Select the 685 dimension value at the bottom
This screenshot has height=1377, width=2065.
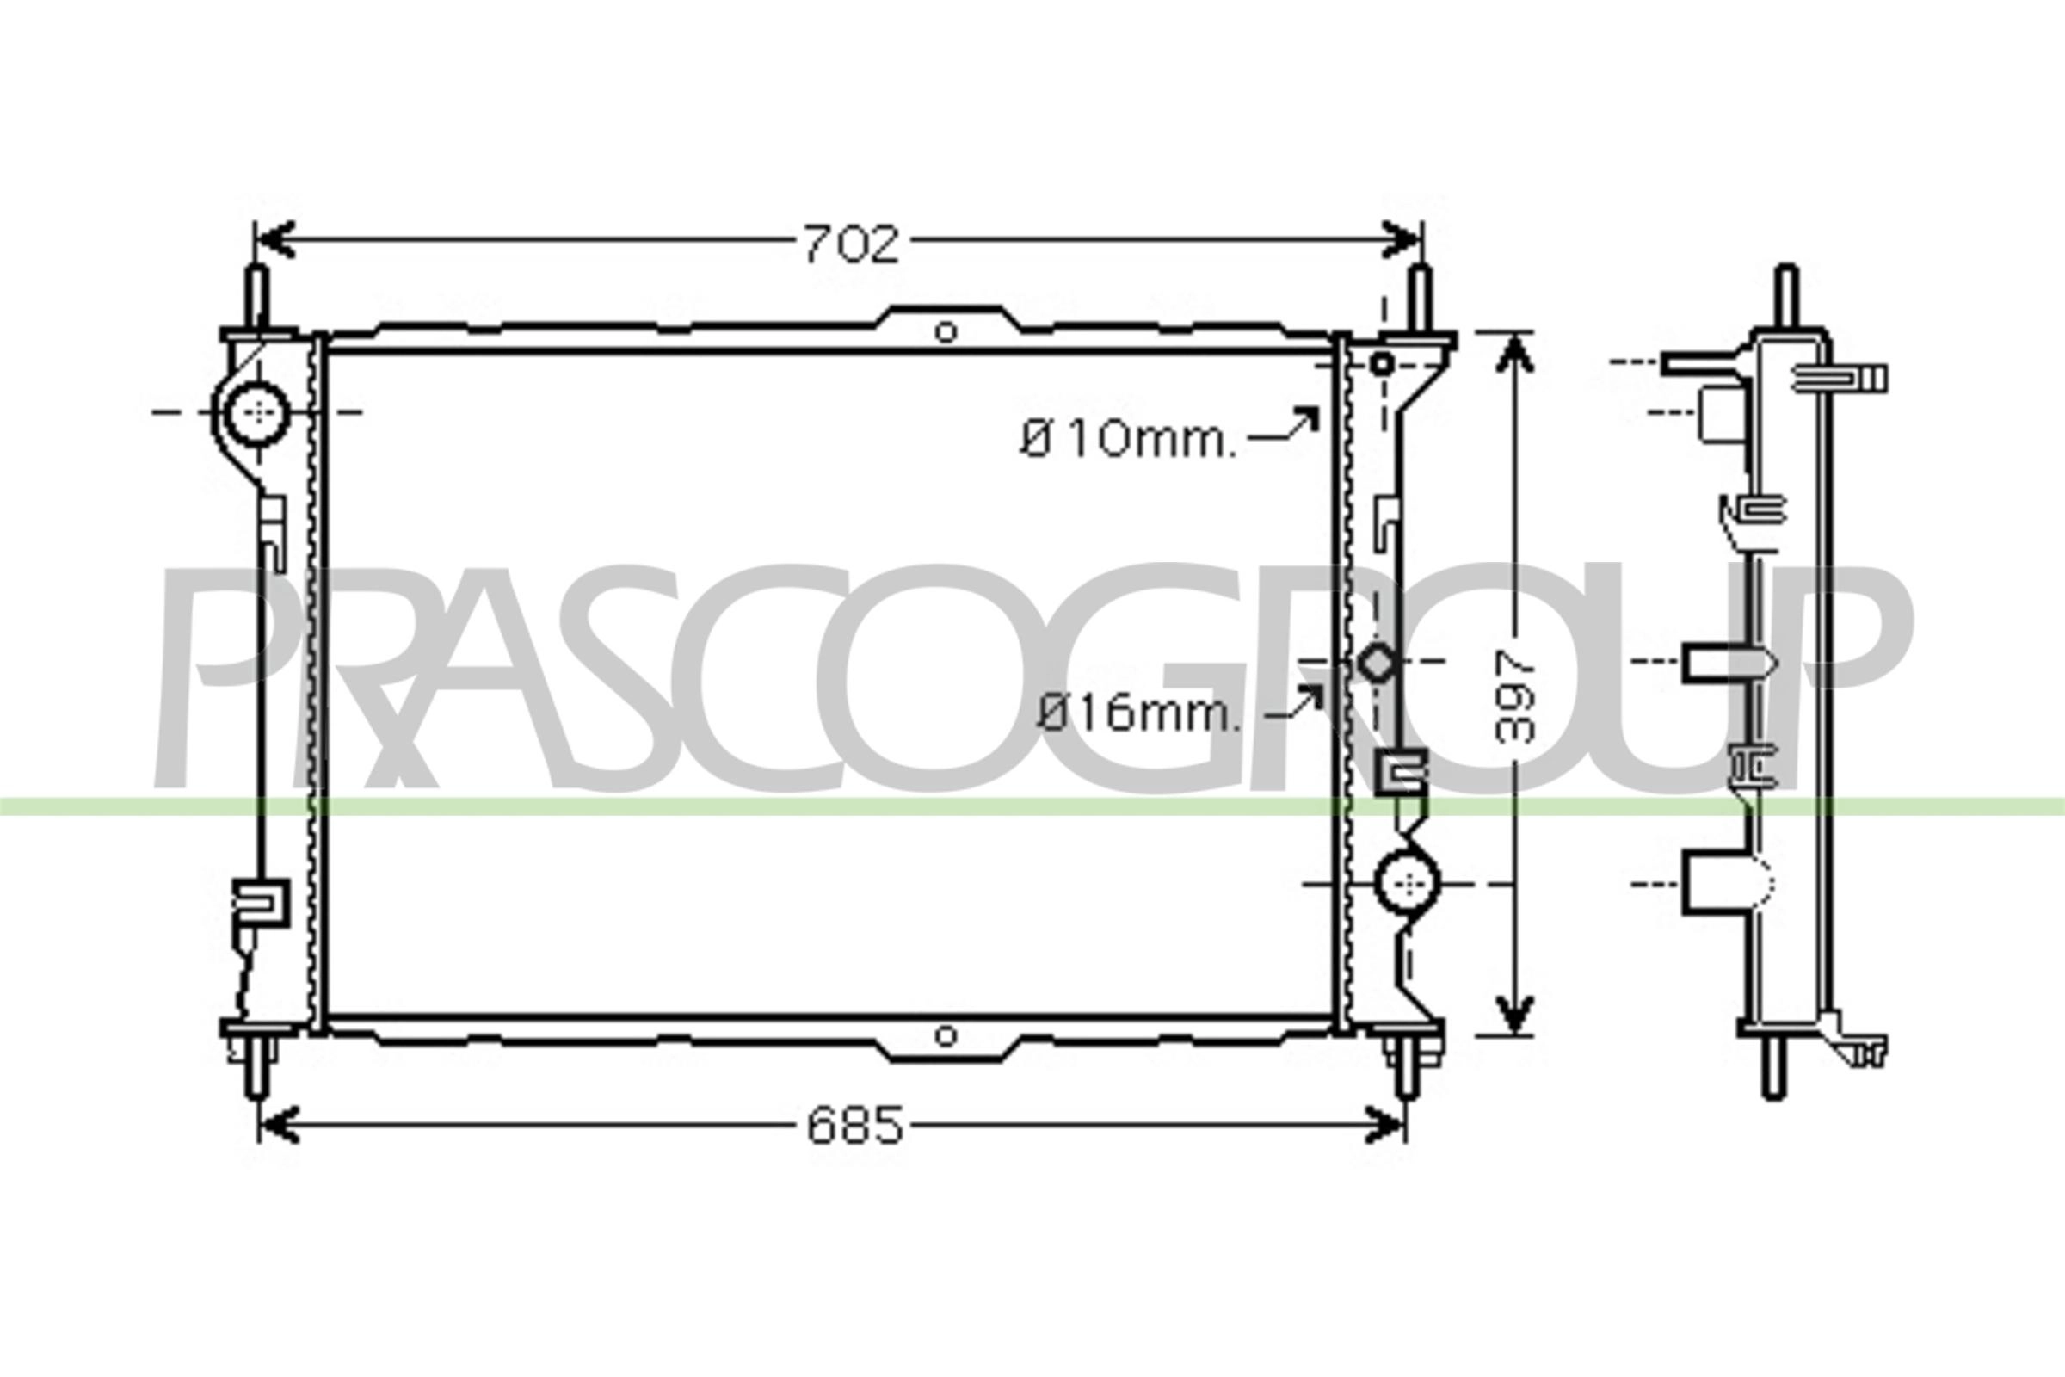pyautogui.click(x=855, y=1127)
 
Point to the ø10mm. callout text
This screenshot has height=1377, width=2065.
pyautogui.click(x=1128, y=439)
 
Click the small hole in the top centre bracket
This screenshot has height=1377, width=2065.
pyautogui.click(x=946, y=332)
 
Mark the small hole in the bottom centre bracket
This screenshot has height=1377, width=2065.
pyautogui.click(x=946, y=1036)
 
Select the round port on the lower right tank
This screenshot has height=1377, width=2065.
pyautogui.click(x=1408, y=884)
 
